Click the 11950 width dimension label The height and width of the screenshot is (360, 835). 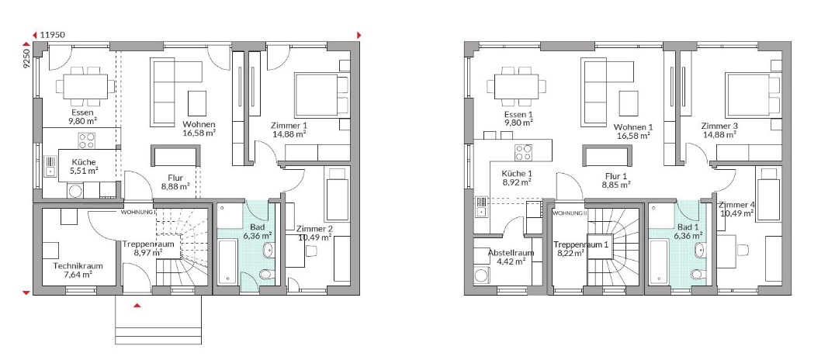point(53,35)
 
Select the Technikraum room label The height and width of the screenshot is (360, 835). point(78,266)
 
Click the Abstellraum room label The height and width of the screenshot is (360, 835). point(511,253)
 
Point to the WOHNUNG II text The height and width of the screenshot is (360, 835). point(570,213)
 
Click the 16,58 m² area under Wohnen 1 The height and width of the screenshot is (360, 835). point(633,136)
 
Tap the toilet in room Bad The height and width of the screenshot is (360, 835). point(265,274)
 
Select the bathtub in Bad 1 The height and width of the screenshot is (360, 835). point(659,262)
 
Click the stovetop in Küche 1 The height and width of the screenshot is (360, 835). point(524,152)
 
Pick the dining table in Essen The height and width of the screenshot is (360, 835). point(85,86)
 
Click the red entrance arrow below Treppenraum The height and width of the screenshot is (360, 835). point(137,306)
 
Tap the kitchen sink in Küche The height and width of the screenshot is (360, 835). point(50,165)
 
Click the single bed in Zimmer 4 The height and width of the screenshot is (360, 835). point(767,194)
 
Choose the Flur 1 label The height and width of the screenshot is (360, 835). point(616,177)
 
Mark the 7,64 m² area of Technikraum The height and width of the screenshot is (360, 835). point(78,275)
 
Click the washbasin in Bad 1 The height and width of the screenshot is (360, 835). point(701,249)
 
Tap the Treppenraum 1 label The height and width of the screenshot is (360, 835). point(581,244)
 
